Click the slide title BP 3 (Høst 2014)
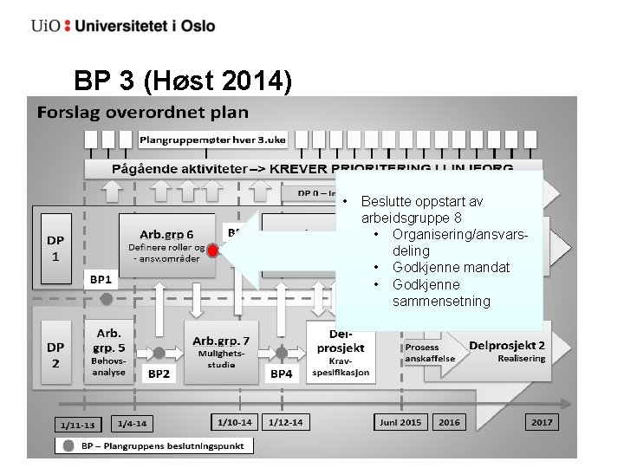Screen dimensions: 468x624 coord(183,81)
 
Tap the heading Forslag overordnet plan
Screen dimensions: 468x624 coord(142,113)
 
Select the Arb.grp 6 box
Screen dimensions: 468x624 coord(167,245)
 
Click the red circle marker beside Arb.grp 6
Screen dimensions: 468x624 coord(213,251)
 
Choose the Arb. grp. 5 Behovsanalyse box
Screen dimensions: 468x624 coord(108,351)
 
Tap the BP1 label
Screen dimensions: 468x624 coord(101,280)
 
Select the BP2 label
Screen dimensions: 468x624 coord(159,374)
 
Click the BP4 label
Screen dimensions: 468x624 coord(282,374)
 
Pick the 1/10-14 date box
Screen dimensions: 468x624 coord(235,422)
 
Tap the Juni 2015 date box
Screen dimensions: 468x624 coord(400,422)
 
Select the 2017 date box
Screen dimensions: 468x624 coord(542,422)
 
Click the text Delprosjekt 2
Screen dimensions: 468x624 coord(507,346)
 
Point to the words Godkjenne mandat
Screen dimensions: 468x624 coord(451,267)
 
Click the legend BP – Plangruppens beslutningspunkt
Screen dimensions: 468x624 coord(156,445)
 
